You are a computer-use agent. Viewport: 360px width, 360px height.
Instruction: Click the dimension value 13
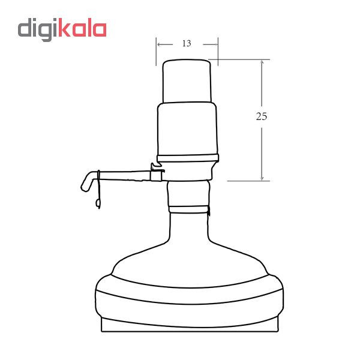point(187,43)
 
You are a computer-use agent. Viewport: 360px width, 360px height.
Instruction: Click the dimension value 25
point(262,116)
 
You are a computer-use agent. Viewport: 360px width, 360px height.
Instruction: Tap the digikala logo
point(62,29)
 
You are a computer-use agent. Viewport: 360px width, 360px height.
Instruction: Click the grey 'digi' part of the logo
point(38,29)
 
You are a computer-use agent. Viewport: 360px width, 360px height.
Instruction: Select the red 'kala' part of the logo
point(82,28)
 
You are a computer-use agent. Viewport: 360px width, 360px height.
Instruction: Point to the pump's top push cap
point(187,81)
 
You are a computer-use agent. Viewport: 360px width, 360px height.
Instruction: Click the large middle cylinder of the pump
point(187,129)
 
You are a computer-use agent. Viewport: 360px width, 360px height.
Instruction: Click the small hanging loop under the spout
point(98,203)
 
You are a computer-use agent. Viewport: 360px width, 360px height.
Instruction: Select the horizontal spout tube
point(122,176)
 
